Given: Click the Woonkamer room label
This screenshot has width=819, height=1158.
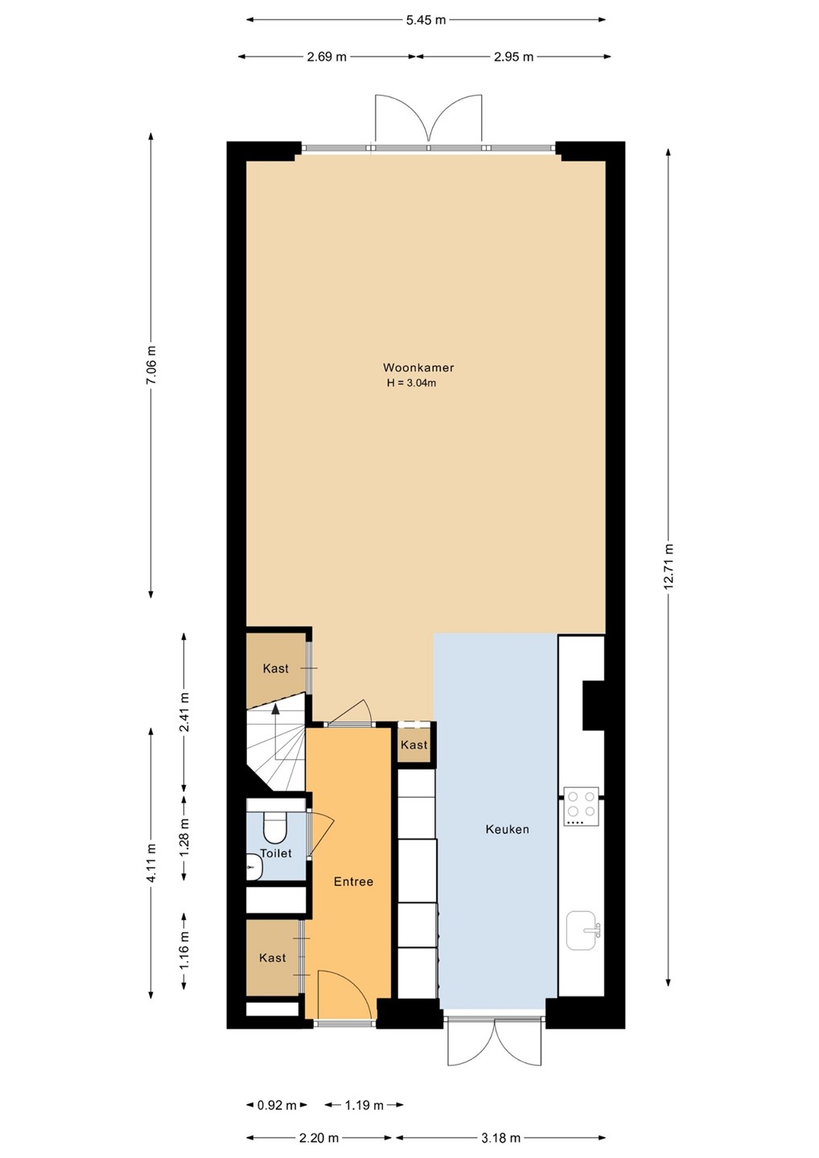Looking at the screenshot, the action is (x=418, y=368).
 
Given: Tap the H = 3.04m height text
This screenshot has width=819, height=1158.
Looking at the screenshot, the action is (x=412, y=383).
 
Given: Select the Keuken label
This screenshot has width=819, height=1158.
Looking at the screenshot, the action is (x=507, y=829).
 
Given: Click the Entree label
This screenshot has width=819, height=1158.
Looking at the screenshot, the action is (x=353, y=881).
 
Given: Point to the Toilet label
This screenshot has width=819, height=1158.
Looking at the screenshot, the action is (x=276, y=853).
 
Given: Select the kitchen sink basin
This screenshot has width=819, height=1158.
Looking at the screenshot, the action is (x=582, y=930).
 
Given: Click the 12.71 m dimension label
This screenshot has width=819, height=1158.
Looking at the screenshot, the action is (x=669, y=567).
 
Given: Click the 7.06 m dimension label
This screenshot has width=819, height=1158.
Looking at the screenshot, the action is (x=151, y=364).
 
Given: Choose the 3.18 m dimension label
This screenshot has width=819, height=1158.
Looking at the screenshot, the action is (x=500, y=1137).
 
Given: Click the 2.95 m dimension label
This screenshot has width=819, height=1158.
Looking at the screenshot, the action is (x=513, y=57).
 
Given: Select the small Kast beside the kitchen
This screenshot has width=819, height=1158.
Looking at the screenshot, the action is (x=414, y=745).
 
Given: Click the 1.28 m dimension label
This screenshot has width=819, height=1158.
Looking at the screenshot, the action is (x=184, y=837).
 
